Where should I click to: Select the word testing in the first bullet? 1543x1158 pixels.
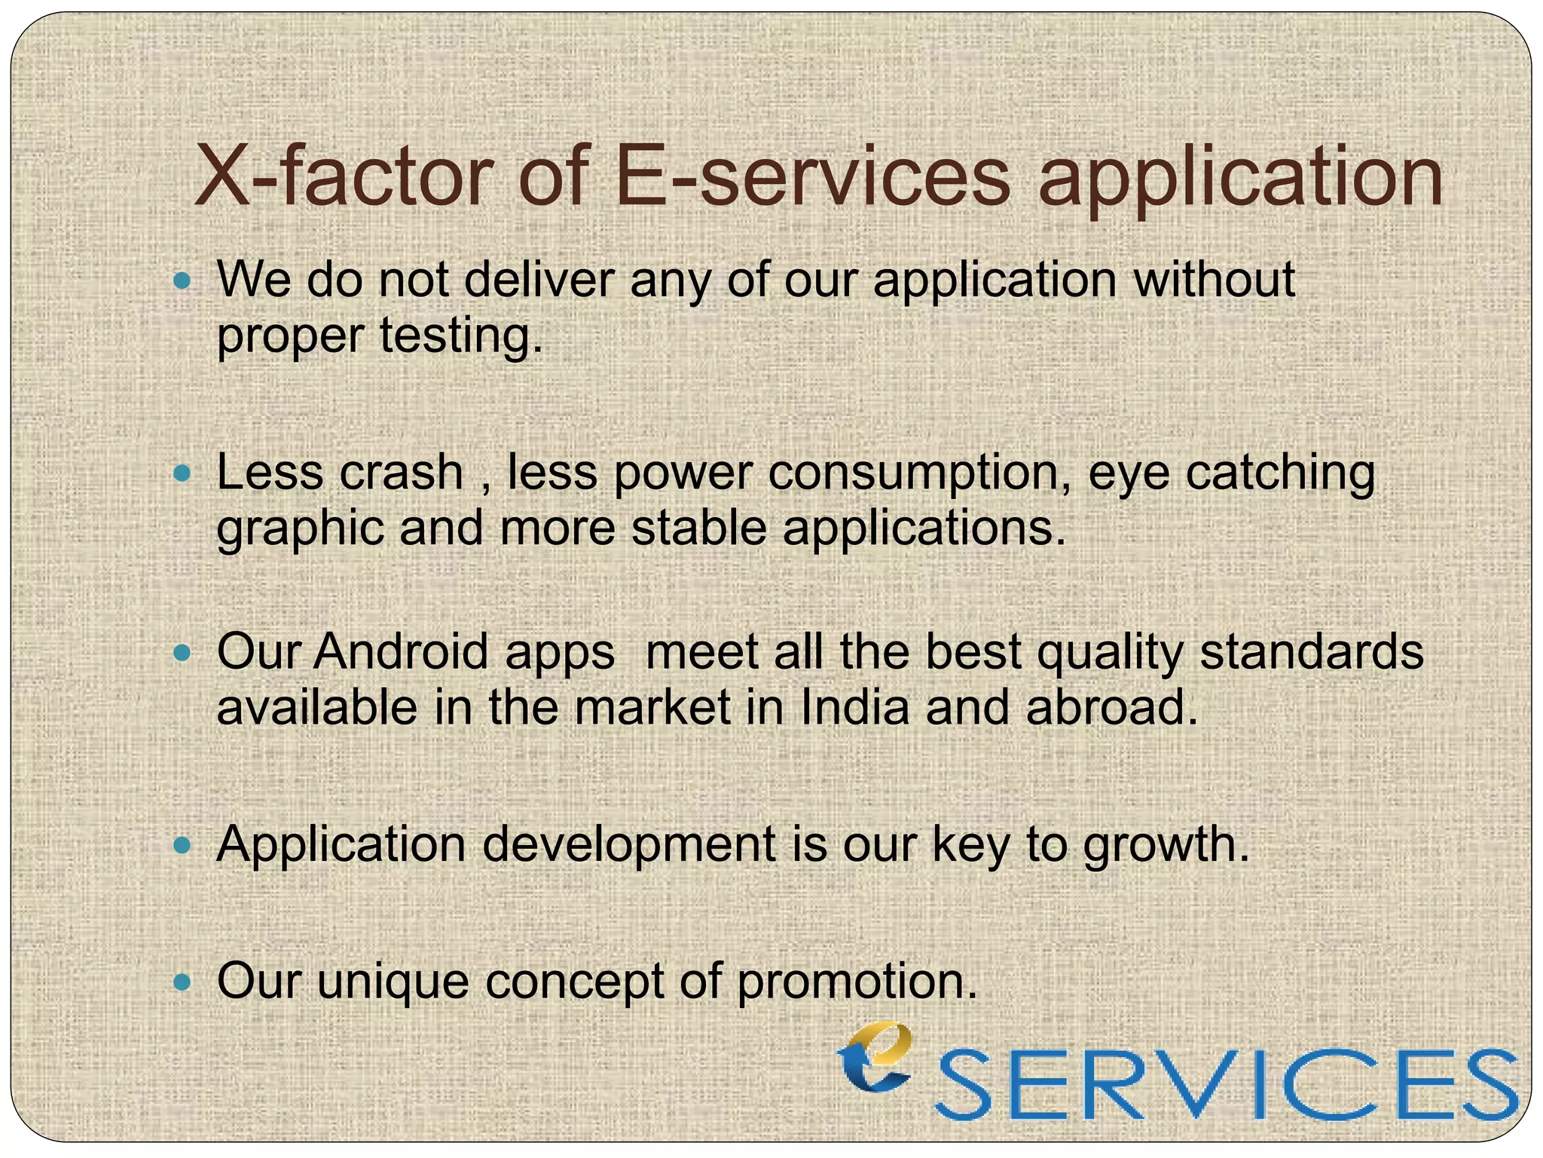pyautogui.click(x=460, y=335)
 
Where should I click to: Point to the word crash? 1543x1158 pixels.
pyautogui.click(x=401, y=473)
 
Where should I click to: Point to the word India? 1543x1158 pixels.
pyautogui.click(x=854, y=708)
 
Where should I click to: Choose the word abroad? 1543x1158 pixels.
pyautogui.click(x=1111, y=708)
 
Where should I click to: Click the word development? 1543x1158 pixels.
pyautogui.click(x=629, y=844)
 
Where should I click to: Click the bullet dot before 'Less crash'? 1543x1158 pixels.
pyautogui.click(x=182, y=473)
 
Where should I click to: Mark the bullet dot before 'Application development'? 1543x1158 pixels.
pyautogui.click(x=182, y=844)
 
